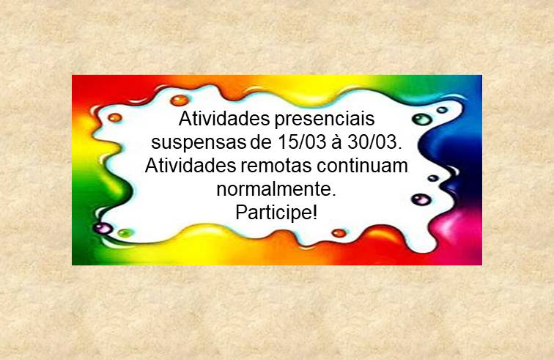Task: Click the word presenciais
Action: coord(325,120)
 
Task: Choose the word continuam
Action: coord(362,166)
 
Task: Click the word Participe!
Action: coord(276,213)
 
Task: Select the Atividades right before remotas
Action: coord(191,166)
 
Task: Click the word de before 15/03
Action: coord(262,142)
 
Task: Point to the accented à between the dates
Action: coord(336,142)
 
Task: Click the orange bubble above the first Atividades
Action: coord(180,100)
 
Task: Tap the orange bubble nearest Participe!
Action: coord(339,232)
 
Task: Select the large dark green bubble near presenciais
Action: coord(422,120)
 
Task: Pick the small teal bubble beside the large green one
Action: coord(442,110)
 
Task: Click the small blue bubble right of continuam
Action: coord(433,178)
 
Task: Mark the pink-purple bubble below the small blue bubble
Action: coord(421,199)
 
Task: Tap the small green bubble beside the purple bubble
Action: coord(125,232)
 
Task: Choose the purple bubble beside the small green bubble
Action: coord(103,228)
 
